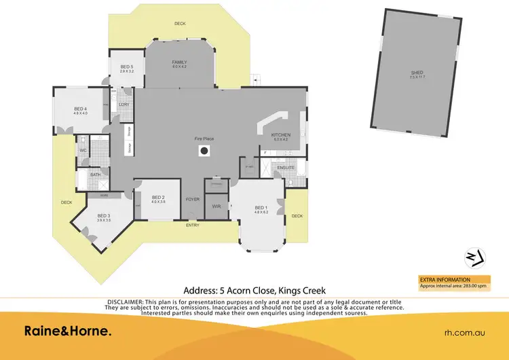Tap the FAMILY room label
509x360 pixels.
(179, 62)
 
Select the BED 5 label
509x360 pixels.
(127, 67)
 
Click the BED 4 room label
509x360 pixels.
(81, 109)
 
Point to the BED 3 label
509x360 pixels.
(103, 216)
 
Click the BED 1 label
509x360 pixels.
(261, 207)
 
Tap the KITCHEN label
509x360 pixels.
(281, 135)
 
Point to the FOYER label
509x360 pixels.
(193, 199)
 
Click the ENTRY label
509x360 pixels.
(193, 225)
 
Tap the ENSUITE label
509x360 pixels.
(286, 166)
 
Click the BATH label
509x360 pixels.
(96, 175)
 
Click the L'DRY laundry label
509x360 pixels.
(124, 104)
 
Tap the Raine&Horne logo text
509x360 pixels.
(67, 331)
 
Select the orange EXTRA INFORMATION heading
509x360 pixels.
(444, 279)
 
